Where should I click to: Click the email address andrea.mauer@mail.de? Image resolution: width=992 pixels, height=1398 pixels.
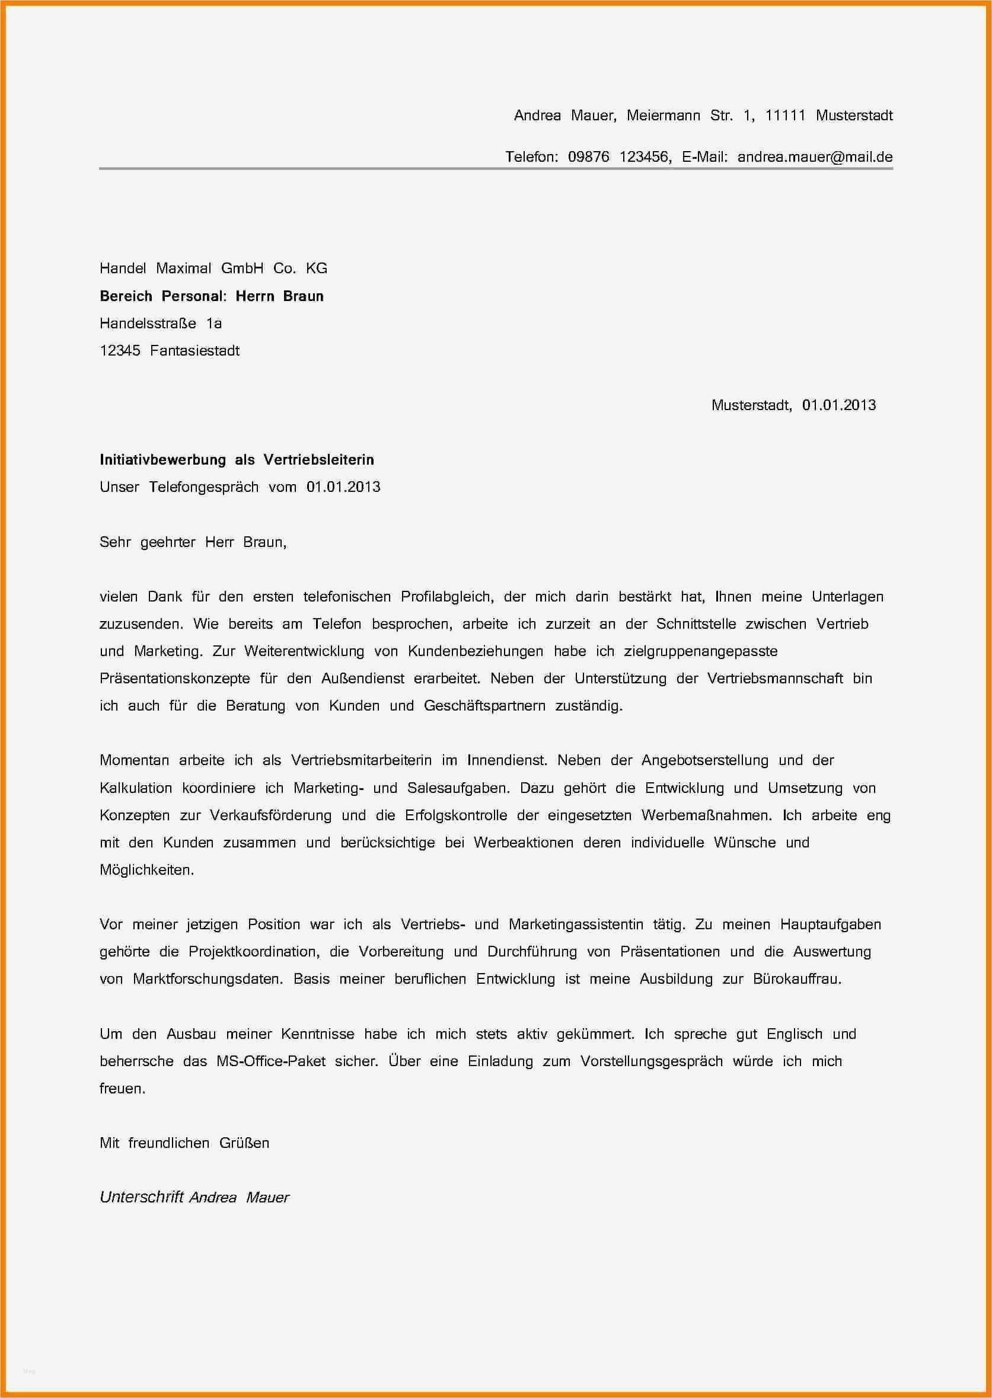(x=814, y=157)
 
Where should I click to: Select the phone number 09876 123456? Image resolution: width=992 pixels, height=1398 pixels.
(x=619, y=157)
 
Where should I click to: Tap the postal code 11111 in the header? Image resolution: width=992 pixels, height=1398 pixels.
(x=785, y=116)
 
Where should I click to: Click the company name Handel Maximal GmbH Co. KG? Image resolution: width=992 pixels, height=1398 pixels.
(x=213, y=268)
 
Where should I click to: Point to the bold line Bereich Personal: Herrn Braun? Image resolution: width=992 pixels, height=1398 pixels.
(x=211, y=296)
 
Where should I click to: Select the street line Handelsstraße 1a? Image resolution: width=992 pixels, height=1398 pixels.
(x=160, y=323)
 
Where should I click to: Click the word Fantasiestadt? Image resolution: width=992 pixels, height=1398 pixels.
(x=195, y=350)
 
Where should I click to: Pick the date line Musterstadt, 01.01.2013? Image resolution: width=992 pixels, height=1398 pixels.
(x=793, y=405)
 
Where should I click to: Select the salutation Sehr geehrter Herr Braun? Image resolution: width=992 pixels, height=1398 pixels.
(x=193, y=542)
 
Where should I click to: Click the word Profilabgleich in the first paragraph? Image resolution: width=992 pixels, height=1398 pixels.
(x=446, y=596)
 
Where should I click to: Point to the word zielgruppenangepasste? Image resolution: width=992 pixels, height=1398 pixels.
(x=700, y=651)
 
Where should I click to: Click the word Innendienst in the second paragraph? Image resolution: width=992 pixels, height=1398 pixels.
(x=506, y=761)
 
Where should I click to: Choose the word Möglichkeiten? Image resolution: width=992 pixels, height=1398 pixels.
(x=146, y=870)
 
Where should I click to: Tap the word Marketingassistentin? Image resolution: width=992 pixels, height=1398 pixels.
(x=575, y=925)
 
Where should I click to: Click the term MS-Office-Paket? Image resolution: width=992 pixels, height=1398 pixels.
(x=270, y=1061)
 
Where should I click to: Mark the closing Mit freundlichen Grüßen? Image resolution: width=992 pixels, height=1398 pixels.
(x=184, y=1143)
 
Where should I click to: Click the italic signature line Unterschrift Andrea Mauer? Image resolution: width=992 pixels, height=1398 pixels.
(x=194, y=1197)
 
